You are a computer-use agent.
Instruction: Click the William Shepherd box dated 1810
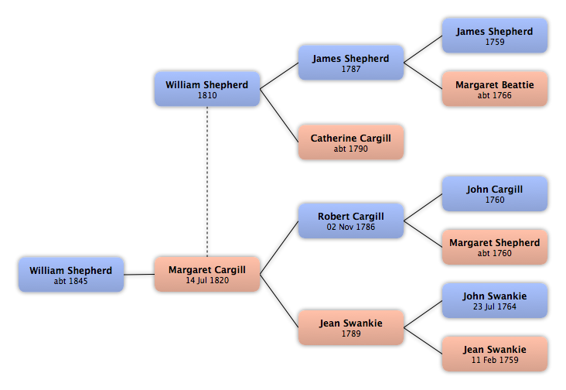click(207, 89)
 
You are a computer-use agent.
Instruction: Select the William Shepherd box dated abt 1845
click(71, 275)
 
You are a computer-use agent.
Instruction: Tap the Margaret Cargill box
click(207, 274)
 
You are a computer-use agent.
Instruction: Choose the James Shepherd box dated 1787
click(351, 63)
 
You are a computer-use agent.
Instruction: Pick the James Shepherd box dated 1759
click(495, 36)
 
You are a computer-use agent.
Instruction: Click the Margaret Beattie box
click(495, 89)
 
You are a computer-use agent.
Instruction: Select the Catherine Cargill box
click(351, 142)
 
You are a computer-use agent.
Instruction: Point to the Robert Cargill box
click(351, 221)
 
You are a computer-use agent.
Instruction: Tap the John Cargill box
click(495, 193)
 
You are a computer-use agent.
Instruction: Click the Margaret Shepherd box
click(495, 247)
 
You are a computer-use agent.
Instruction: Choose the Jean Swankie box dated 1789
click(351, 327)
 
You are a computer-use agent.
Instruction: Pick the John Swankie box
click(495, 300)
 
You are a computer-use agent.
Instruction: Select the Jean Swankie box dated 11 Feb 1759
click(495, 354)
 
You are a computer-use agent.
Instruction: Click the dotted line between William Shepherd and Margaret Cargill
click(207, 181)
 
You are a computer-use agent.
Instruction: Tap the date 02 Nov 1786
click(351, 227)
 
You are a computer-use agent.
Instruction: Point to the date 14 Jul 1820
click(207, 280)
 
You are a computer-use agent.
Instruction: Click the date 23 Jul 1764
click(495, 306)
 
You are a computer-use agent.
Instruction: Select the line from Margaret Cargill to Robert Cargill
click(279, 248)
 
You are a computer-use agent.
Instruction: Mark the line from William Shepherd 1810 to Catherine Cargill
click(279, 115)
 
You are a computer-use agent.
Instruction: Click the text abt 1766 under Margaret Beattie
click(495, 95)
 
